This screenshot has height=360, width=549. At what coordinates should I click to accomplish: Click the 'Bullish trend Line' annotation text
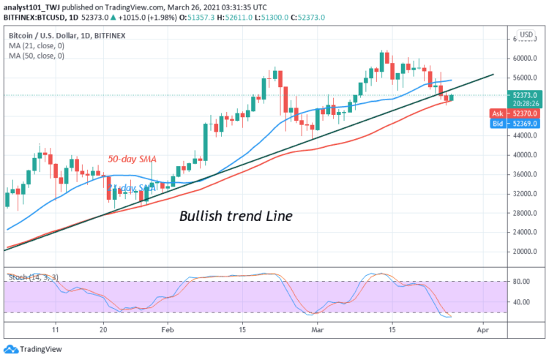236,216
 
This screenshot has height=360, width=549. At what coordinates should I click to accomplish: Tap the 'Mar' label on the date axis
317,330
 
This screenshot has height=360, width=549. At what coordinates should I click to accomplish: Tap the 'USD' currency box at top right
525,34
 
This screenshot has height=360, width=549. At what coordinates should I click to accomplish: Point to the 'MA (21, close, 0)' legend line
37,45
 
